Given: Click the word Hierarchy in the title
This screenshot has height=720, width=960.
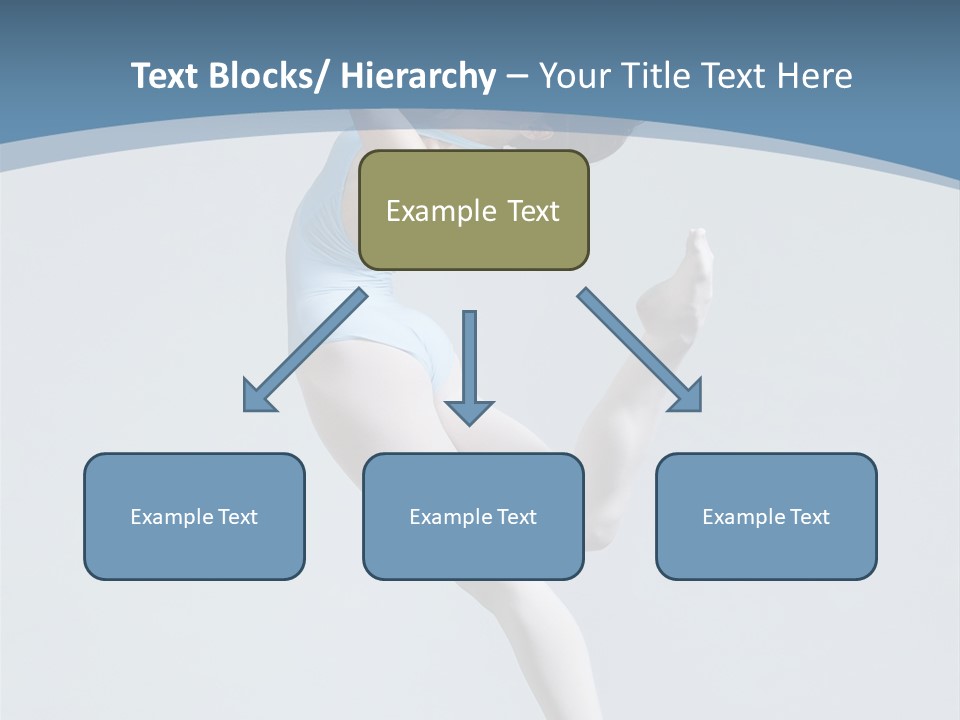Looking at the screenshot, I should click(x=418, y=76).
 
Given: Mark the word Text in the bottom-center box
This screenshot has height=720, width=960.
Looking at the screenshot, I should click(x=515, y=517).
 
